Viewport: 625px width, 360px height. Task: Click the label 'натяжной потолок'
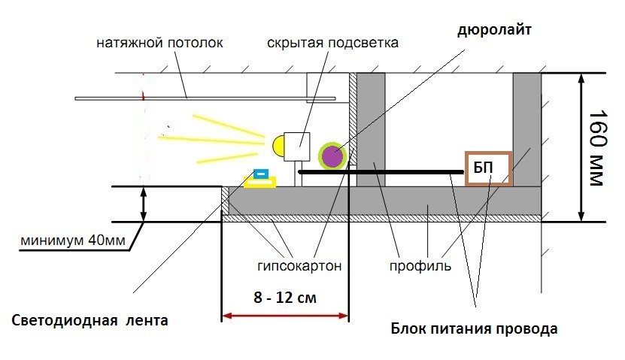point(159,43)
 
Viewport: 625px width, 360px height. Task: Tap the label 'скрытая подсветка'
point(332,43)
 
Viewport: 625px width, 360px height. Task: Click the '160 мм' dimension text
point(597,148)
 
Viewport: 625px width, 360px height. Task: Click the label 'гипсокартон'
point(299,265)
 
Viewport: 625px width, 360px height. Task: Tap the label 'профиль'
point(420,265)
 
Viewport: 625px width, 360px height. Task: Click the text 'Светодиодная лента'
point(90,320)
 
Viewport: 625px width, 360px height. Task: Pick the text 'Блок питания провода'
point(475,329)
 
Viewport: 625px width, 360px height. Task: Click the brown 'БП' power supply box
point(488,168)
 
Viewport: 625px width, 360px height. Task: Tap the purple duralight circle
point(332,156)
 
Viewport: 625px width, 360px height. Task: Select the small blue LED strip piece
point(261,174)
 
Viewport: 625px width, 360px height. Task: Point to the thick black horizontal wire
point(376,172)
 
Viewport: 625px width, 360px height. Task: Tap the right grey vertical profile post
point(526,128)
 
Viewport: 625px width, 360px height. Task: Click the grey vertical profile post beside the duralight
point(370,128)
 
